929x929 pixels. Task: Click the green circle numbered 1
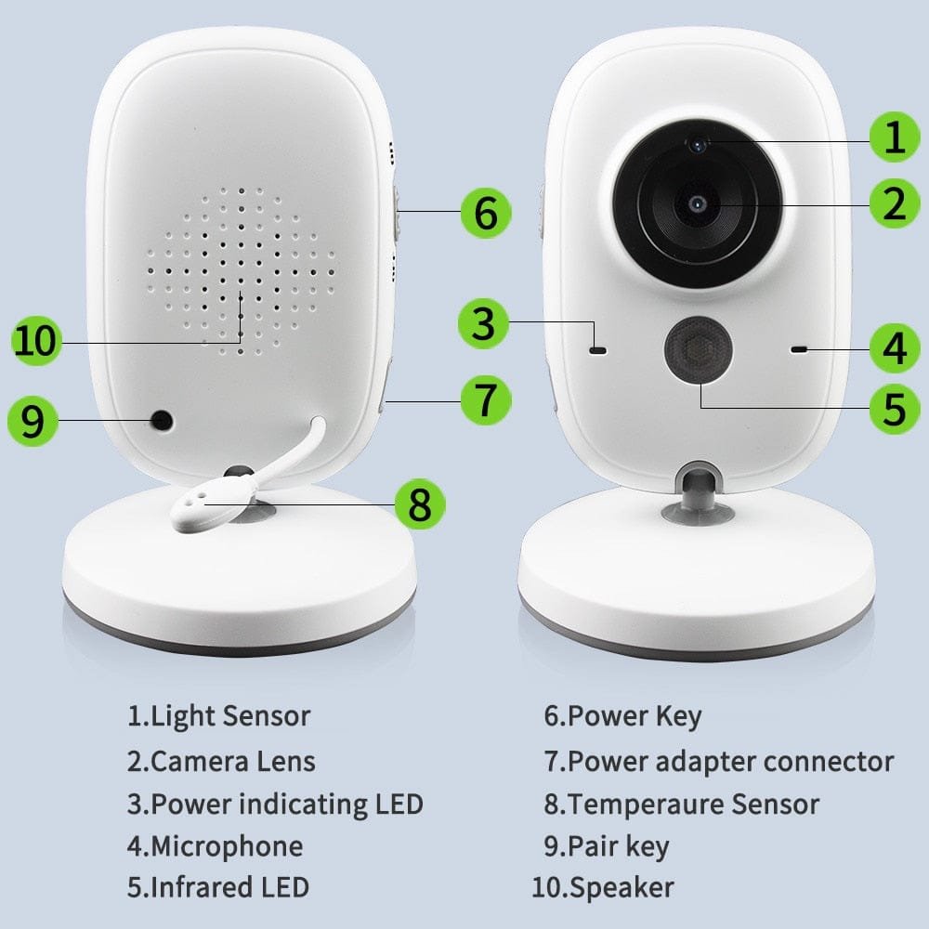894,139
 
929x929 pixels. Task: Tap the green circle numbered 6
486,212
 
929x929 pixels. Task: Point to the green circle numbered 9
33,422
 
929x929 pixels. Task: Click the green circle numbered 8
420,505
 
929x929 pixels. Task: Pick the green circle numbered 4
894,349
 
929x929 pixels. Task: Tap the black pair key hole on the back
163,421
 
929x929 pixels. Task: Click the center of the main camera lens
698,203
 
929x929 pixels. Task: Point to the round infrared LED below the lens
698,348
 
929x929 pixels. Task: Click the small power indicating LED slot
597,351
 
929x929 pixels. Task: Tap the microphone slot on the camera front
798,350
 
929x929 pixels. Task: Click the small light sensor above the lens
697,143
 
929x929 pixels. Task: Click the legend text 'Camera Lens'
232,762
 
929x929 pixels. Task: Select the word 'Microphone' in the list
227,846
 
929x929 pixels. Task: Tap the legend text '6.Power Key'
622,716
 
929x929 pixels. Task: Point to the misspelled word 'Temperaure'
648,804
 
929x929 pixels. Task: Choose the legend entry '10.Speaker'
602,887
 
